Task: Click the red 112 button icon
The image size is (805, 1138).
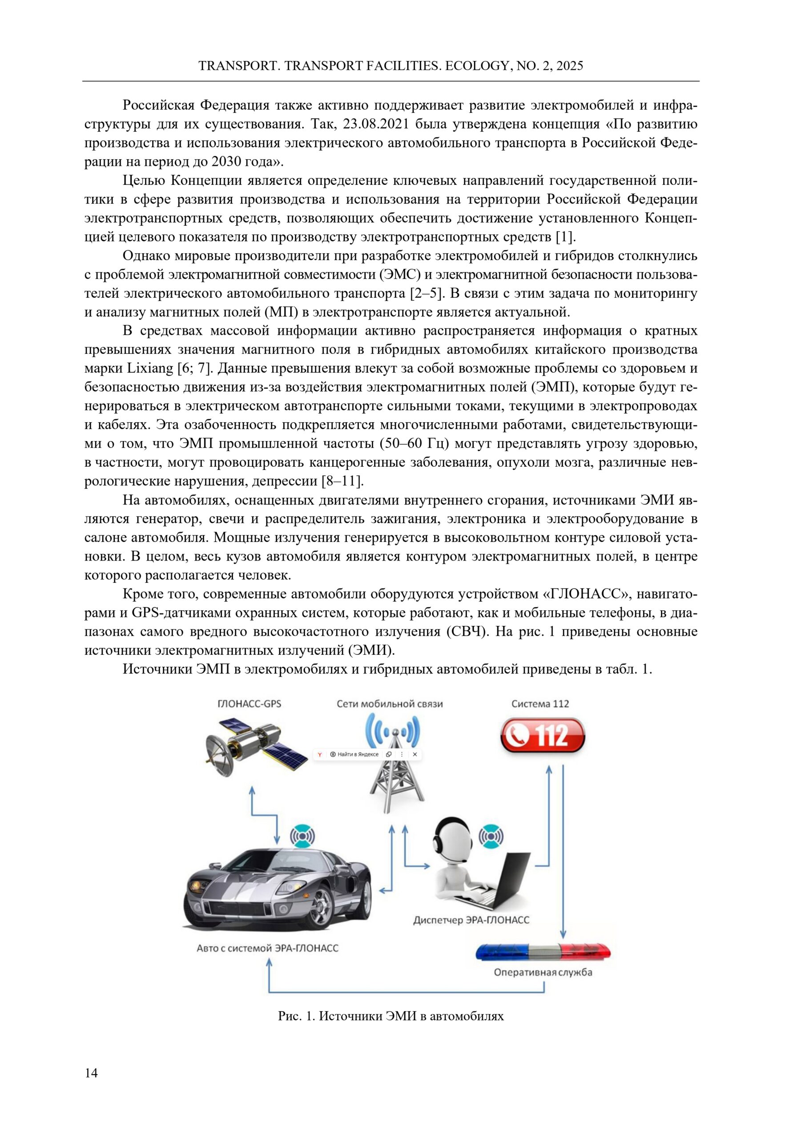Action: coord(543,736)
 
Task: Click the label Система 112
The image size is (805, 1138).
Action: coord(540,704)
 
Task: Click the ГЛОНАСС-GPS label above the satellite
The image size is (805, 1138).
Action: coord(250,704)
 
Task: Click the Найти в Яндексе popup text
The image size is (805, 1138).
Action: coord(358,754)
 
